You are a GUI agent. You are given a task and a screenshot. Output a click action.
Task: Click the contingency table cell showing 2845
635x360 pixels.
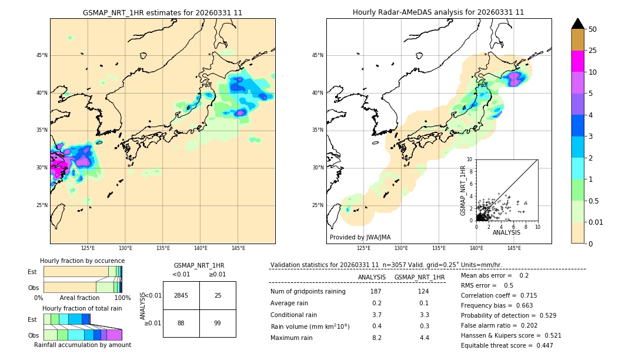click(x=181, y=295)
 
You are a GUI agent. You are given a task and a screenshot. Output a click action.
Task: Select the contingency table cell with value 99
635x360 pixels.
click(x=218, y=323)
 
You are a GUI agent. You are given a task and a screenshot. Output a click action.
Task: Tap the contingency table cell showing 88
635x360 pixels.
click(x=181, y=323)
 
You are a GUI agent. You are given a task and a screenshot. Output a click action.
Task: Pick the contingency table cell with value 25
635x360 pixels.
click(x=218, y=295)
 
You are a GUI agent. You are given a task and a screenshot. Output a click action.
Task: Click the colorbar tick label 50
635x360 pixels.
click(x=593, y=29)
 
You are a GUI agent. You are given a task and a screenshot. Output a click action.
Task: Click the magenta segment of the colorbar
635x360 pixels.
click(x=578, y=61)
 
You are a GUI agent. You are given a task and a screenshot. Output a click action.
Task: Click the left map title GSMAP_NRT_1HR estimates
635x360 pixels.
click(x=162, y=12)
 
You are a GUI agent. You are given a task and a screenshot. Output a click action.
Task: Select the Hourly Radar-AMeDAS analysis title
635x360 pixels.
click(x=438, y=12)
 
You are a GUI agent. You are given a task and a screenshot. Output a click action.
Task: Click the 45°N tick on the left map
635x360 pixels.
click(x=42, y=55)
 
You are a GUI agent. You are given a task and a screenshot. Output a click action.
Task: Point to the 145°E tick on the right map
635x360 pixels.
click(x=514, y=248)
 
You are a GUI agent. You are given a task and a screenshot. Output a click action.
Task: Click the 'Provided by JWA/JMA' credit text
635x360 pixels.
click(x=360, y=238)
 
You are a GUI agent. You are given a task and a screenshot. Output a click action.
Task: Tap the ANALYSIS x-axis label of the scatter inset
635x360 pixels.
click(x=506, y=232)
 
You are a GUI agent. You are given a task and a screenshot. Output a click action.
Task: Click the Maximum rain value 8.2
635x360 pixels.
click(x=376, y=338)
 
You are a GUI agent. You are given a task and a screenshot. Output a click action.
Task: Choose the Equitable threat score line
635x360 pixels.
click(x=507, y=345)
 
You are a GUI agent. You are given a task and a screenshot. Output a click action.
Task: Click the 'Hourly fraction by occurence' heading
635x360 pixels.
click(x=82, y=261)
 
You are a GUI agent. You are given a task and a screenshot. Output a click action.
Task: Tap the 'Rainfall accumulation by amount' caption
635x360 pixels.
click(x=82, y=345)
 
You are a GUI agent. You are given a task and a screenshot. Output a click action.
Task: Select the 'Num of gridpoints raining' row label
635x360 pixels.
click(x=308, y=292)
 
